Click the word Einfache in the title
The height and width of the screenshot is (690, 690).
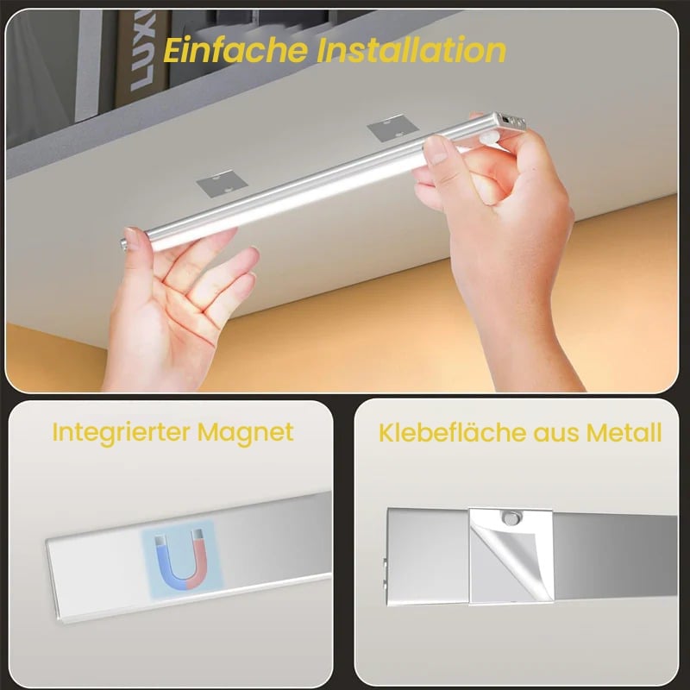point(235,50)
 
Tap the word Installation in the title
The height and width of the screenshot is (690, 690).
point(411,50)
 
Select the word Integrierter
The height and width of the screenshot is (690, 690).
point(121,433)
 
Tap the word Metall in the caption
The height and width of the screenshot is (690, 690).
point(624,433)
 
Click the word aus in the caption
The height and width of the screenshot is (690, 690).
point(556,435)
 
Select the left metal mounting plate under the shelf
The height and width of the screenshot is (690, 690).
point(222,183)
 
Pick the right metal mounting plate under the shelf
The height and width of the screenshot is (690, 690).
point(392,128)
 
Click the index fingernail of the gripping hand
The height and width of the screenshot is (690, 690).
point(436,149)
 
